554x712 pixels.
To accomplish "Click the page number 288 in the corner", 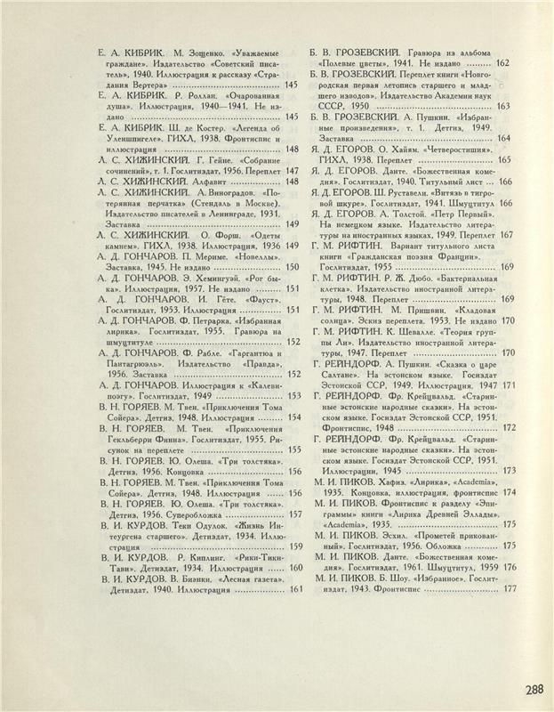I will coord(534,689).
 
